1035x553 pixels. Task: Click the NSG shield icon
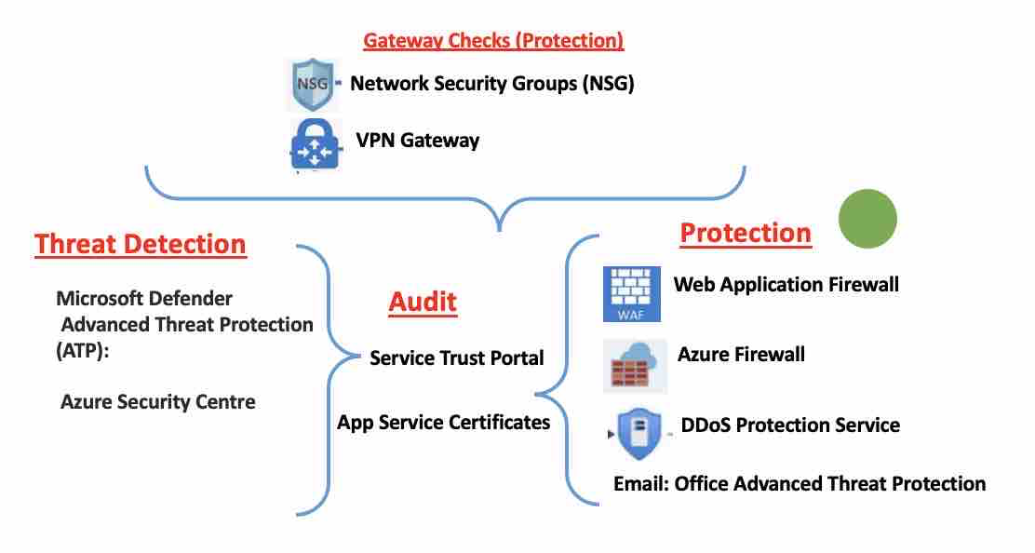310,84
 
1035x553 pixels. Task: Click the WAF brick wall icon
631,292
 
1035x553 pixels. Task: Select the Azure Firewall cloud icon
633,362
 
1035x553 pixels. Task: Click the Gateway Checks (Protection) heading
493,40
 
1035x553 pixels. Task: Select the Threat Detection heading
141,244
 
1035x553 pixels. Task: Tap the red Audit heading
423,301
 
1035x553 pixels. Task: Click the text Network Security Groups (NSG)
491,83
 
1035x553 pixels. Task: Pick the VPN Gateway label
417,141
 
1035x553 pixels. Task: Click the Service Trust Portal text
456,357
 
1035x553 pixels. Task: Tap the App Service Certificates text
443,422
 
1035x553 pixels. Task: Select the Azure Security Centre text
158,402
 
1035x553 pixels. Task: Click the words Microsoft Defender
144,299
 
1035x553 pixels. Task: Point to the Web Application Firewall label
786,284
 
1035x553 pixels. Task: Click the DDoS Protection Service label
790,425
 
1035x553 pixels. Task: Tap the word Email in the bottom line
639,483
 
